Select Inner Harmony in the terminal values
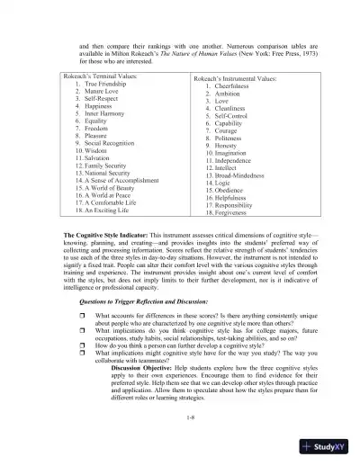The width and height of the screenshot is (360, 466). coord(94,115)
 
